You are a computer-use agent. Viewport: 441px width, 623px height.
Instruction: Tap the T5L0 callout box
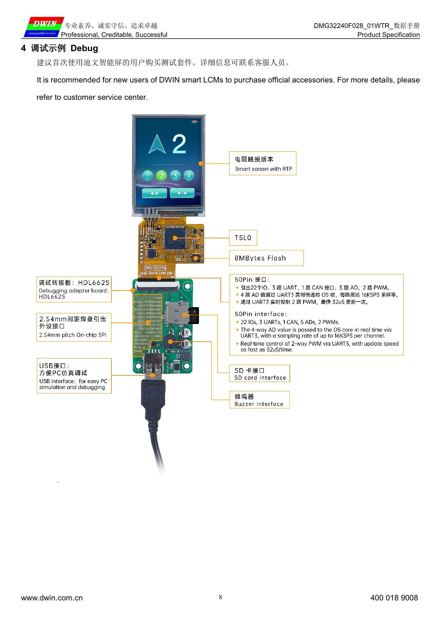[243, 238]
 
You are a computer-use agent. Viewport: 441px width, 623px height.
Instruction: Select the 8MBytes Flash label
[266, 258]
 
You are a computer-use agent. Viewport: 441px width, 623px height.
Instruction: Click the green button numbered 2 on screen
[161, 176]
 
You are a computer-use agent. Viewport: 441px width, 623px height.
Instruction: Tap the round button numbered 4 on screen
[189, 176]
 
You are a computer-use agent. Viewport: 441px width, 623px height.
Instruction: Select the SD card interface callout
[260, 374]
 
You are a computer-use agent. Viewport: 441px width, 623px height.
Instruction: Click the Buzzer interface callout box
[259, 400]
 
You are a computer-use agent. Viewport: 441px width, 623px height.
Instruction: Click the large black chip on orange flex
[175, 238]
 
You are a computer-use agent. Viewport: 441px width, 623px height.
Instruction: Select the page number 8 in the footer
[220, 597]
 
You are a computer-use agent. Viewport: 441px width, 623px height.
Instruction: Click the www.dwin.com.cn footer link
[52, 598]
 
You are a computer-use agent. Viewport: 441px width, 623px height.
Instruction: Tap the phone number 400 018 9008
[394, 598]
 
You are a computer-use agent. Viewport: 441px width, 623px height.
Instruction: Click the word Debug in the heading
[84, 48]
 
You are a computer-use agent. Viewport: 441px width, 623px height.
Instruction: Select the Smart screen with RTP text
[263, 169]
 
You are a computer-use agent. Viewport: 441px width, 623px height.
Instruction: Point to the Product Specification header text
[388, 35]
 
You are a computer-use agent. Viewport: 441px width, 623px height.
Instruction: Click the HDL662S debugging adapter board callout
[74, 289]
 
